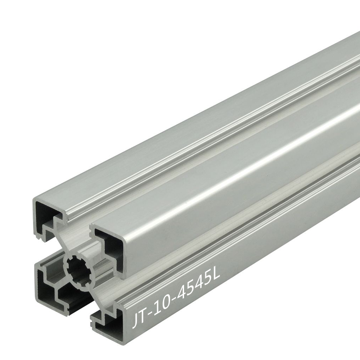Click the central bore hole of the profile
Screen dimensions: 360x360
pos(81,270)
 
